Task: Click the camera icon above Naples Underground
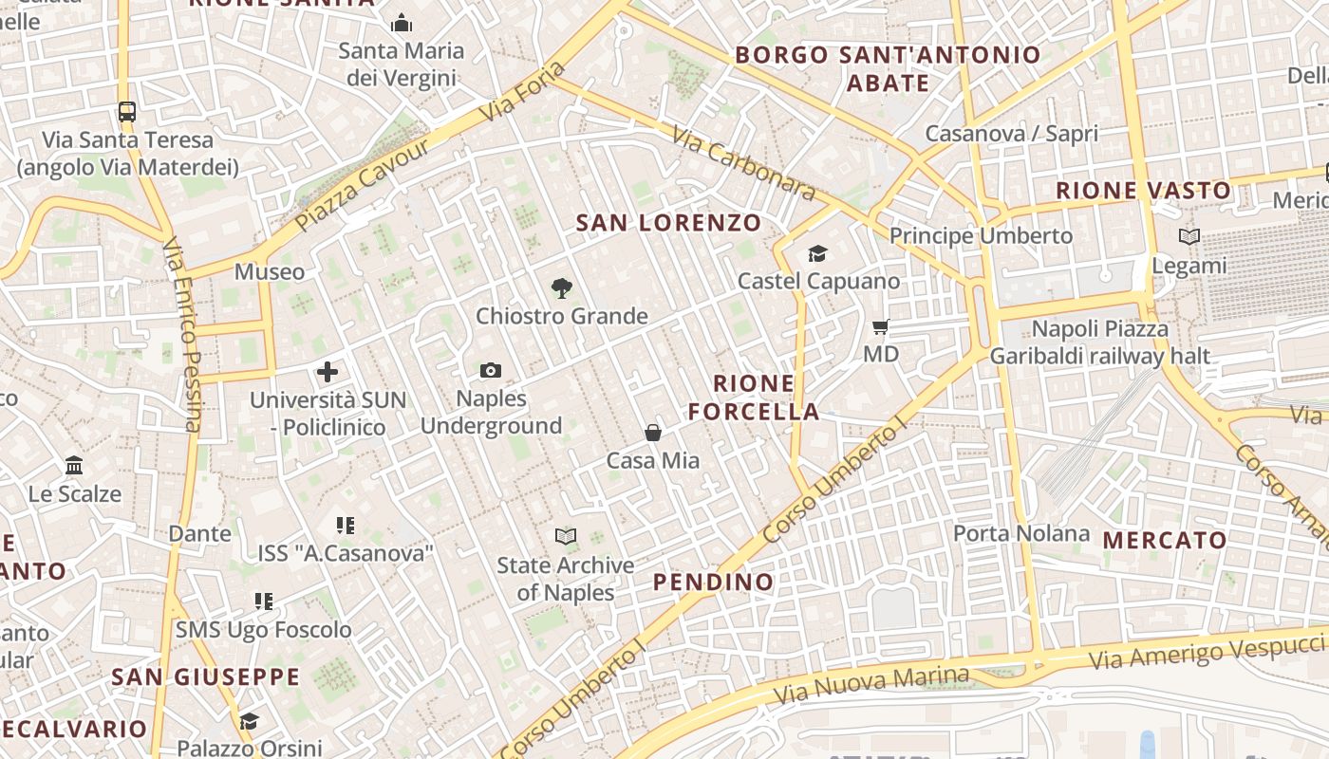(491, 370)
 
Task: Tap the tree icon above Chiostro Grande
(562, 288)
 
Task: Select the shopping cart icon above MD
(881, 327)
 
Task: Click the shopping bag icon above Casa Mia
(653, 433)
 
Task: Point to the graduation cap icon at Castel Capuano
(817, 253)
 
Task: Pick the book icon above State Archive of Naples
(566, 537)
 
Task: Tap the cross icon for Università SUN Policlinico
(328, 372)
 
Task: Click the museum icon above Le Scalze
(74, 466)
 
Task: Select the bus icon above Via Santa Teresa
(127, 112)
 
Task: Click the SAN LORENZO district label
(669, 223)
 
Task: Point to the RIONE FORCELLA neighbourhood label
(754, 398)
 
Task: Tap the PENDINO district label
(714, 582)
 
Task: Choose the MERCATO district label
(1165, 541)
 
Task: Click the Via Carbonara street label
(743, 164)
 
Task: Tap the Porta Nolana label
(1021, 533)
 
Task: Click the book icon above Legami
(1189, 236)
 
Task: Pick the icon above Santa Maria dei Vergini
(402, 23)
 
